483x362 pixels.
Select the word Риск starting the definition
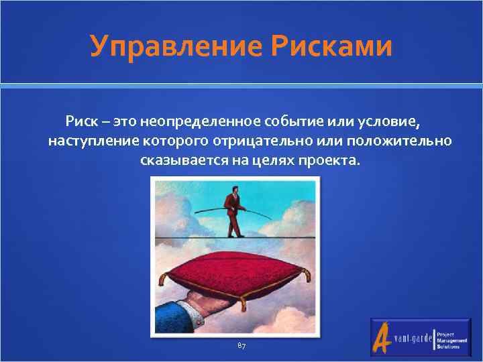coord(80,123)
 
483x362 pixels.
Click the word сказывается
coord(182,162)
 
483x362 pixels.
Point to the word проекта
coord(332,162)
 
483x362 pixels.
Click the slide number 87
coord(241,345)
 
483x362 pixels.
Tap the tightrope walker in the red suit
coord(233,210)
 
